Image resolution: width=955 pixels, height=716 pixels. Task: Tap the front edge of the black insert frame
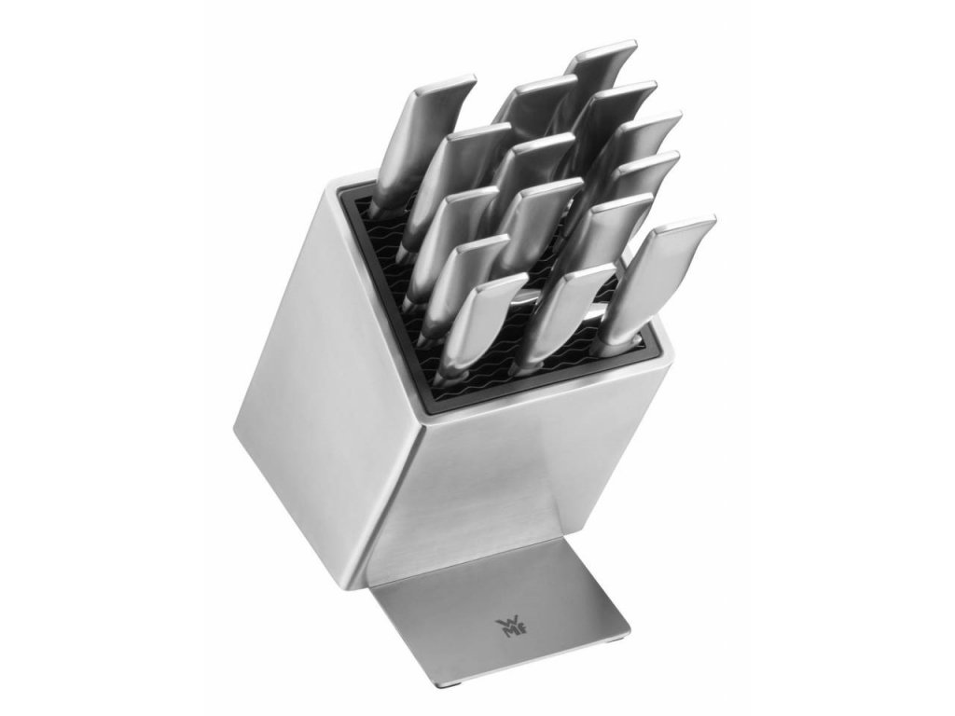coord(541,382)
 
